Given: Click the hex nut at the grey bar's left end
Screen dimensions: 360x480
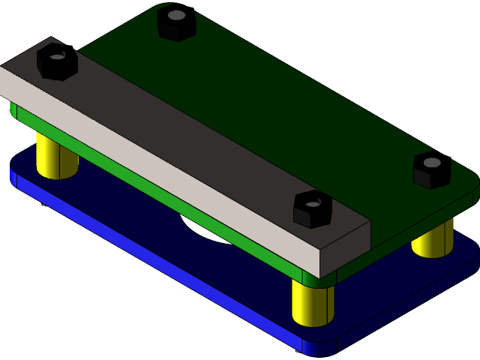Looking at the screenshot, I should point(57,63).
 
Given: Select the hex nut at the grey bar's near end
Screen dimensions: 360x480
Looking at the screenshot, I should point(312,210).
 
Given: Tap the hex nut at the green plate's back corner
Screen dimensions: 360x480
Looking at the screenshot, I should point(176,24).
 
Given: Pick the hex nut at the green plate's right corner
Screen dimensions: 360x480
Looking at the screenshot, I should point(432,171).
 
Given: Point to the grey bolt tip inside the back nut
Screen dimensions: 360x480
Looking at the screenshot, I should point(176,14).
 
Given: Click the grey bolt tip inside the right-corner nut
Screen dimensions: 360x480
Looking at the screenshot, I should point(433,161).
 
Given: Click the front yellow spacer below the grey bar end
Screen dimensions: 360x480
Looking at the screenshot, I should point(312,304).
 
